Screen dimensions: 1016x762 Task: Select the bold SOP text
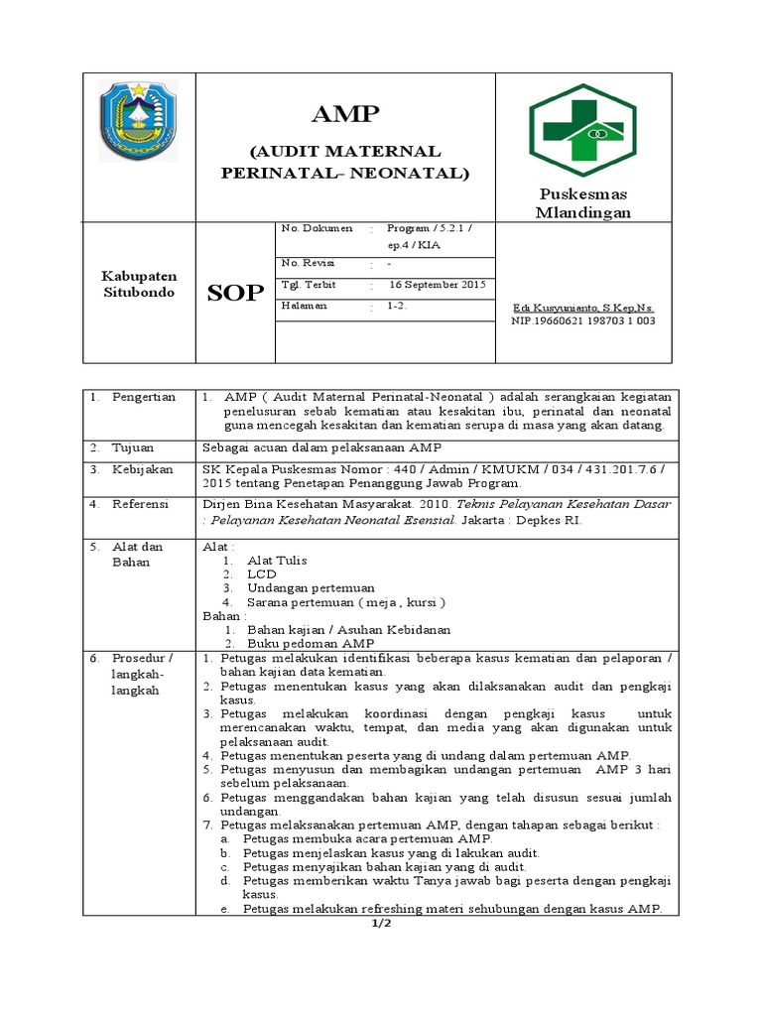(235, 293)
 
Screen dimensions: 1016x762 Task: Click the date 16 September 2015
(437, 285)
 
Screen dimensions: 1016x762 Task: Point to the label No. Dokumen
(317, 228)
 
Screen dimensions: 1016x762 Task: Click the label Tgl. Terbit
(310, 285)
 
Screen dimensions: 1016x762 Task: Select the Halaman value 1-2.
(397, 307)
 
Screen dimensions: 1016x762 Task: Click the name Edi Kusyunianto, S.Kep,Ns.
(582, 308)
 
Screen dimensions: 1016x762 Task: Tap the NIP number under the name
(582, 320)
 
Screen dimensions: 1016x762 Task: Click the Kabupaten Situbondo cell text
(139, 286)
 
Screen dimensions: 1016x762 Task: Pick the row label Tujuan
(131, 446)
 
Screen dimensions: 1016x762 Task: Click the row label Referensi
(140, 504)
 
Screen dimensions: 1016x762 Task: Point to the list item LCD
(262, 573)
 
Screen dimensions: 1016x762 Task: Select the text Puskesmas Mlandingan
(582, 202)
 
